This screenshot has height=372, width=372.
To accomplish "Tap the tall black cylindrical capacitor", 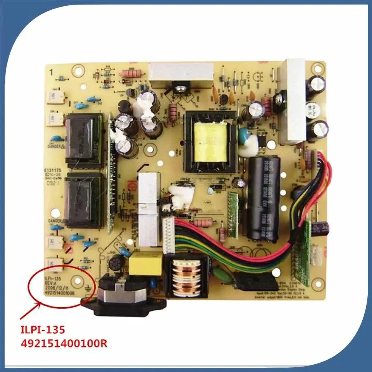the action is point(264,198).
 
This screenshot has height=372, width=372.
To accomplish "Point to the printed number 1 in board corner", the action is point(51,71).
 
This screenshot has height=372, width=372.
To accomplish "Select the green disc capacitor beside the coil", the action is point(227,277).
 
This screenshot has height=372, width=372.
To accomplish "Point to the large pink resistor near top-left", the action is point(129,73).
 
